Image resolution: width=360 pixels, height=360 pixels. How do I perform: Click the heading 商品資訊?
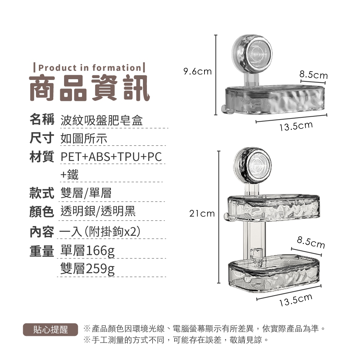pos(90,88)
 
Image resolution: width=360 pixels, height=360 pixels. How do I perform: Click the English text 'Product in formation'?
pos(90,68)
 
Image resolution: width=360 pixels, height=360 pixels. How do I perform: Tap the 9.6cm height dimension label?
pos(197,71)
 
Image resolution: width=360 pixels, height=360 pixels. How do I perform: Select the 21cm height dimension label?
pos(202,213)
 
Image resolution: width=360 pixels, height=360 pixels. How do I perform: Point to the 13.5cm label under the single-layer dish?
pos(296,126)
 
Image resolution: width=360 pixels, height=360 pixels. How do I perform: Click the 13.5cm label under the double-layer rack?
pos(296,300)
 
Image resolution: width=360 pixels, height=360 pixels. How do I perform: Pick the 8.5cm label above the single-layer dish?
pos(314,75)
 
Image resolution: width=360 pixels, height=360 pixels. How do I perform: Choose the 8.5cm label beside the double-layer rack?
pos(311,242)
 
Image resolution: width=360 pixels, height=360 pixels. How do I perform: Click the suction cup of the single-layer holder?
pos(252,53)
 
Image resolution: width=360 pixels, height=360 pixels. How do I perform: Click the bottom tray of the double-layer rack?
pos(274,273)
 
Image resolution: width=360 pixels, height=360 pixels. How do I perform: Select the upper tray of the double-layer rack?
pos(273,208)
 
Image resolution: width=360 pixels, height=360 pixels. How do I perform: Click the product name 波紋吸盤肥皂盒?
pos(102,120)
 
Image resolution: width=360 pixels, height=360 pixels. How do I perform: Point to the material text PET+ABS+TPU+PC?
pos(111,157)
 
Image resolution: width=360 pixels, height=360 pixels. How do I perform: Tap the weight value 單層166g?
pos(87,251)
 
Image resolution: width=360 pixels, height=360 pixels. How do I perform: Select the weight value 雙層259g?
pos(87,269)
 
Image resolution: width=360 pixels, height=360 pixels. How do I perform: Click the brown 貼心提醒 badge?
pos(50,330)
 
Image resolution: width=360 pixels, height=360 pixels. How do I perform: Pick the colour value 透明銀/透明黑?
pos(98,211)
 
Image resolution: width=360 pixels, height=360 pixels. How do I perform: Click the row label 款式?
pos(42,193)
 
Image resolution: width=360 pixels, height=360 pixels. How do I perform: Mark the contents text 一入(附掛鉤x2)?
pos(100,231)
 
